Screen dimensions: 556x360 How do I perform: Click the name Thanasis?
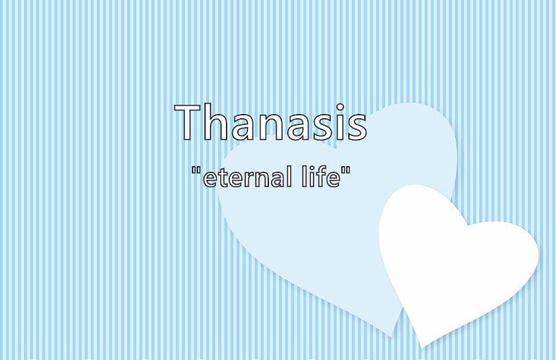point(270,122)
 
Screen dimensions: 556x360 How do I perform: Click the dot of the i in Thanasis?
point(341,107)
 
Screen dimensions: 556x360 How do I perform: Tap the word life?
point(321,177)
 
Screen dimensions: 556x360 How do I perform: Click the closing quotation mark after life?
point(346,170)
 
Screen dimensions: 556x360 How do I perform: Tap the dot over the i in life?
point(310,168)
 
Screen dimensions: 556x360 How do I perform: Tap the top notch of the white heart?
point(467,226)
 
